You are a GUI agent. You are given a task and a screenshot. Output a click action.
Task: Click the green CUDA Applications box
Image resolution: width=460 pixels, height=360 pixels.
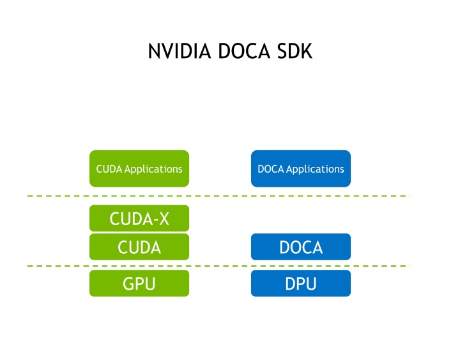139,169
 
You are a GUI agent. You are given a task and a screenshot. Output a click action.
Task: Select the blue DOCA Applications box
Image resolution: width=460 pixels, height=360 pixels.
301,169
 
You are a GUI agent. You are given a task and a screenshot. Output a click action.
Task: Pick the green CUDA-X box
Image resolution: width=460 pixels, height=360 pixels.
139,219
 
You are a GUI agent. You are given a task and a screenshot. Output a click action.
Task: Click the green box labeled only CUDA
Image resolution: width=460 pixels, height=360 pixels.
139,247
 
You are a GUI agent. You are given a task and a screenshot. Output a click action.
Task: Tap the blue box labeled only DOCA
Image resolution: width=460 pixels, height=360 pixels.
301,247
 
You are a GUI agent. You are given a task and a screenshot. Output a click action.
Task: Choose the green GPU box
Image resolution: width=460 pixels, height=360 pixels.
139,283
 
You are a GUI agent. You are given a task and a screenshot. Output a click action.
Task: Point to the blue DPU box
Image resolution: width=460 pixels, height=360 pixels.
301,283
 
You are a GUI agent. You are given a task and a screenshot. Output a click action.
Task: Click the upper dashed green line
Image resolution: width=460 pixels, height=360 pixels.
217,196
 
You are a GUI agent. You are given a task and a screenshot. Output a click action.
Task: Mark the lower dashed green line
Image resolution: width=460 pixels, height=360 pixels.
217,265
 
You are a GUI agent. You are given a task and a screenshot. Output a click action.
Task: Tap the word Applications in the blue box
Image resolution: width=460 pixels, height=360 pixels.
315,169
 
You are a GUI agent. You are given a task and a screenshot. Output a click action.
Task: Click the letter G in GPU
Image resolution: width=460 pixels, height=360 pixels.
128,283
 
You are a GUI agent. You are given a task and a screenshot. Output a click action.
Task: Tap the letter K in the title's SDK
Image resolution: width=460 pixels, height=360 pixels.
307,51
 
